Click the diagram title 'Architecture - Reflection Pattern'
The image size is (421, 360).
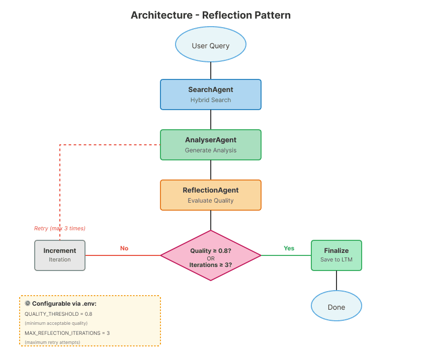coord(210,15)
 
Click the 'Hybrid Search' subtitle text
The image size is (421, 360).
coord(210,100)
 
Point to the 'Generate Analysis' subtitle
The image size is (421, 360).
coord(210,150)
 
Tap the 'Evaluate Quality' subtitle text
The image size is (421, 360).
coord(210,201)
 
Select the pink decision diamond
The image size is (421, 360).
coord(210,255)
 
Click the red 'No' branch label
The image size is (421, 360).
coord(124,248)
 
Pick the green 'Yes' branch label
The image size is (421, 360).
coord(289,248)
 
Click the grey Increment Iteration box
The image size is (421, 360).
coord(60,255)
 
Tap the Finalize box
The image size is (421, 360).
coord(336,255)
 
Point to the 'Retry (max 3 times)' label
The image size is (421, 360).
coord(60,228)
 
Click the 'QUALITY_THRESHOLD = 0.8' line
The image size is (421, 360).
coord(58,314)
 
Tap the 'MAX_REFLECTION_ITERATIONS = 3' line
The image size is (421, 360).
coord(67,333)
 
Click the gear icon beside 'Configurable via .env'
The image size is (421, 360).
coord(28,304)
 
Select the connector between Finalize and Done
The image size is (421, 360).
coord(336,281)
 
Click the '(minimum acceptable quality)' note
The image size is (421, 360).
coord(56,323)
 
